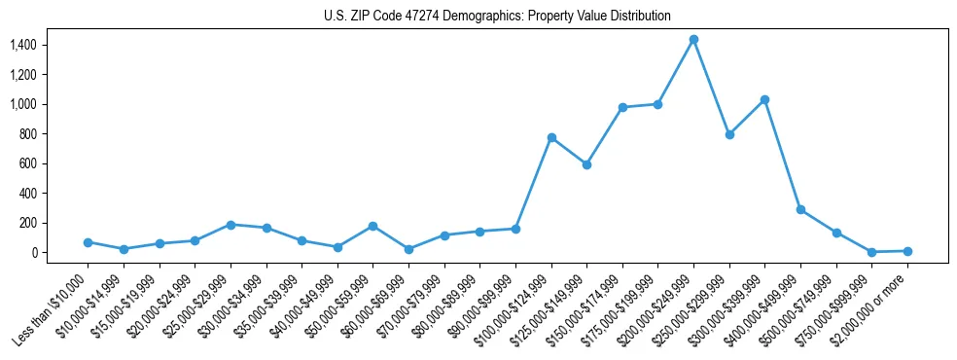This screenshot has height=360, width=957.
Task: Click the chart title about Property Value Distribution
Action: [x=497, y=17]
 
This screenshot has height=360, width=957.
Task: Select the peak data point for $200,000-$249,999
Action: [x=693, y=40]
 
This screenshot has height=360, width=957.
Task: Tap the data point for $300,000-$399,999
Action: [x=764, y=99]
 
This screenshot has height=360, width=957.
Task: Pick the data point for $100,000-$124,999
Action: [x=551, y=137]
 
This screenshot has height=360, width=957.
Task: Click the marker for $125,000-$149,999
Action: [x=586, y=164]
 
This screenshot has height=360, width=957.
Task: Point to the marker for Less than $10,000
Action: [x=88, y=242]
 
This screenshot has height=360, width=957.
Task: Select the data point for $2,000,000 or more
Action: [x=907, y=251]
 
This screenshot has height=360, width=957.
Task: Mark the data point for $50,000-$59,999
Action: [x=372, y=226]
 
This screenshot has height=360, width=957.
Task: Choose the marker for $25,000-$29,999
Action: [x=230, y=225]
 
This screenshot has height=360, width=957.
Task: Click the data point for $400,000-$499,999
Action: [x=800, y=209]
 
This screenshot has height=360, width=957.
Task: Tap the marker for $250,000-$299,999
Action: [x=729, y=134]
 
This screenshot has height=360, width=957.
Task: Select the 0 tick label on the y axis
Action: [x=33, y=253]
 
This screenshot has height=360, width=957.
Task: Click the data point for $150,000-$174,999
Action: [x=622, y=107]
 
